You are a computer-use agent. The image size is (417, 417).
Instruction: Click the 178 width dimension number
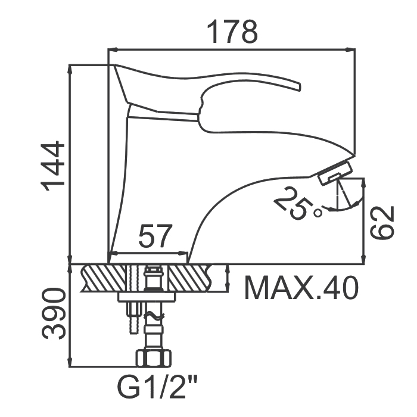click(232, 32)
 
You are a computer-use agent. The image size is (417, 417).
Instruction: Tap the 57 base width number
click(154, 236)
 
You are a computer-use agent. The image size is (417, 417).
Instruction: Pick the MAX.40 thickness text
click(301, 288)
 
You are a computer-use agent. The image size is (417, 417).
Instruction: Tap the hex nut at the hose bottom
click(154, 359)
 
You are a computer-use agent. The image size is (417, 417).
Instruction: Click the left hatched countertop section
click(104, 278)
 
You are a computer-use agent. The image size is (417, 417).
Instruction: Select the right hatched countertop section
click(189, 278)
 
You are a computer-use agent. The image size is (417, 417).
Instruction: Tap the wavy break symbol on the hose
click(154, 316)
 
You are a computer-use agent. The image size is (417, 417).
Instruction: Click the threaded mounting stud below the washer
click(134, 318)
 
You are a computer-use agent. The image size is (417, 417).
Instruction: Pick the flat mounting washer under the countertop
click(147, 297)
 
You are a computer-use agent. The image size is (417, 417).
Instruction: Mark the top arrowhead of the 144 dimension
click(70, 70)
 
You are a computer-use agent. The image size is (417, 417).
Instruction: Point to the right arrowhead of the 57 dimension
click(183, 253)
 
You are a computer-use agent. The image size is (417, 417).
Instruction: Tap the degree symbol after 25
click(318, 213)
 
